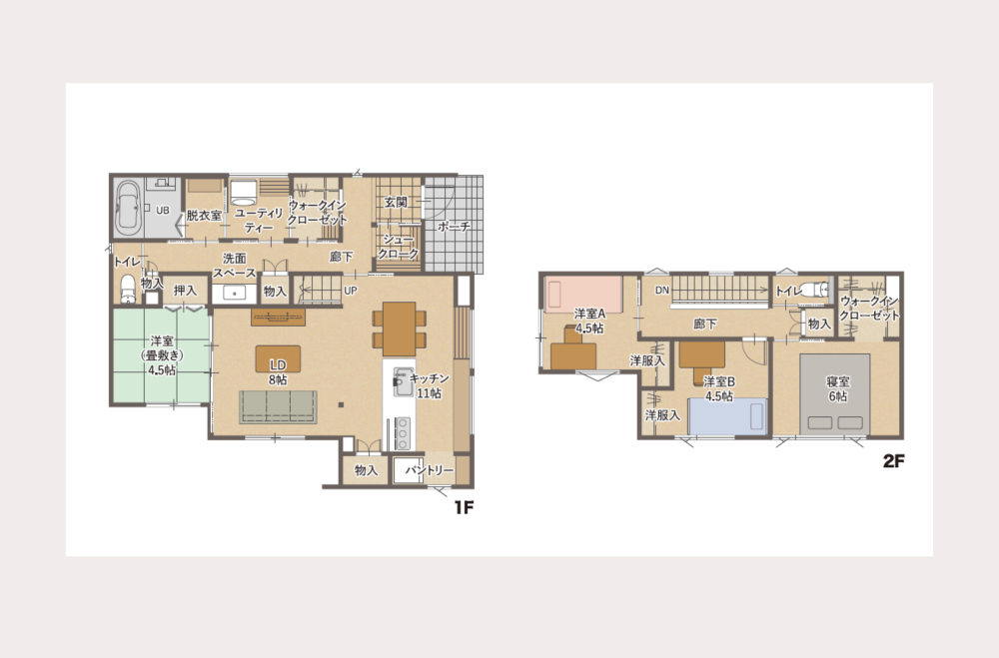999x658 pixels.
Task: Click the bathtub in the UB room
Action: coord(128,207)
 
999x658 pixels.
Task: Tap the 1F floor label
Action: coord(464,507)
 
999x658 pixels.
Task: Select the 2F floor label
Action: coord(893,460)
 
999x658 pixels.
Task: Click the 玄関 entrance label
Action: coord(396,202)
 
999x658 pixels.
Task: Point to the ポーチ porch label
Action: coord(455,226)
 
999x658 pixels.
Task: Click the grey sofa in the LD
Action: coord(278,407)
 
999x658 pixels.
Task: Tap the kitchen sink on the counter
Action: coord(402,382)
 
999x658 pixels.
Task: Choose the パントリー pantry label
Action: coord(430,470)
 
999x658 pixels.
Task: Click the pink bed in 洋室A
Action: coord(583,294)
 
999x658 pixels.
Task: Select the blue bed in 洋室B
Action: coord(727,416)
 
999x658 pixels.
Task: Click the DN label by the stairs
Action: coord(662,290)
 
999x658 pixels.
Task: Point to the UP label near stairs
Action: coord(351,291)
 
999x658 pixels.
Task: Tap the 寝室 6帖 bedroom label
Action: coord(838,389)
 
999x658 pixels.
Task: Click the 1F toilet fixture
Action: coord(128,289)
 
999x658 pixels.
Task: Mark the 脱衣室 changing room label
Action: coord(204,216)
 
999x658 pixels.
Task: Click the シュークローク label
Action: coord(399,247)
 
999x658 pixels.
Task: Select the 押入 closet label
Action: coord(186,291)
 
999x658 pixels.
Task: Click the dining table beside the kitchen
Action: coord(400,329)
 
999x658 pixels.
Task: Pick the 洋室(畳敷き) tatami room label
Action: coord(162,355)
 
